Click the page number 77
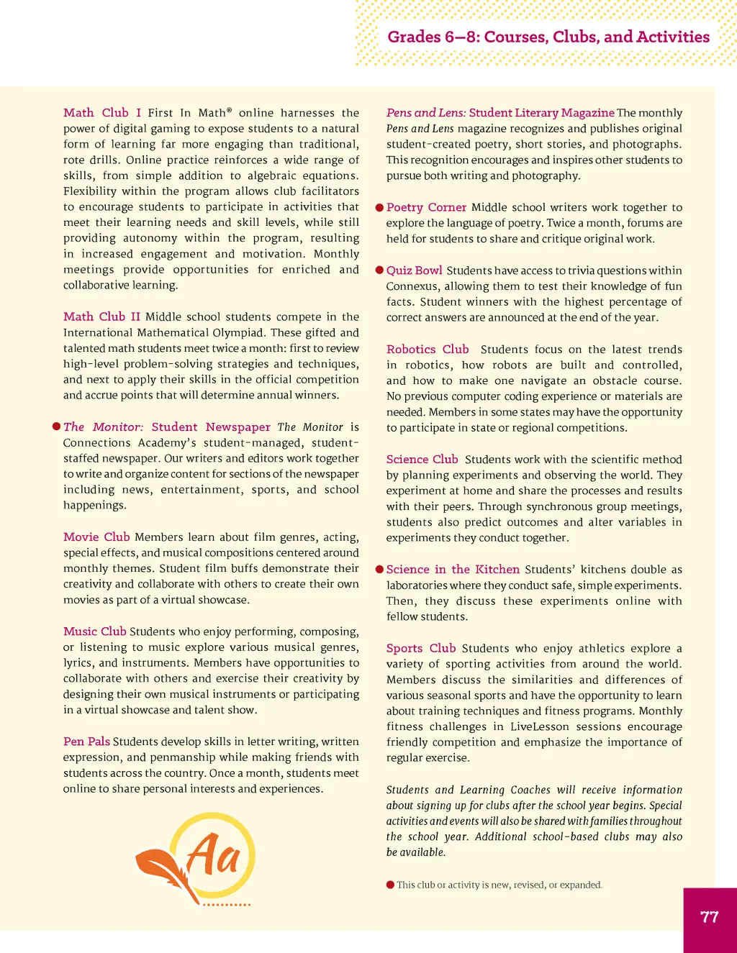709,917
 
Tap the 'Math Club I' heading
101,113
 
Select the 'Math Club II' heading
101,317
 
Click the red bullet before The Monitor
56,427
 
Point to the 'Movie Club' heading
96,537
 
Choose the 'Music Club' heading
94,631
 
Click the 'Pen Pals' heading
86,742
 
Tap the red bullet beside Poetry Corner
379,208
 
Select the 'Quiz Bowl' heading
414,270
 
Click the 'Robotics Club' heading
428,350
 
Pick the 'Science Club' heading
422,460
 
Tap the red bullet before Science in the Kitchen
379,570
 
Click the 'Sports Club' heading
421,649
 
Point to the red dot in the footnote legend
390,885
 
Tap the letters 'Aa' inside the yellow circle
213,854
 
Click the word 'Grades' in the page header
414,37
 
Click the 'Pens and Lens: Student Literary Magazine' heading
500,113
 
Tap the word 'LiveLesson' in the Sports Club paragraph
541,726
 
